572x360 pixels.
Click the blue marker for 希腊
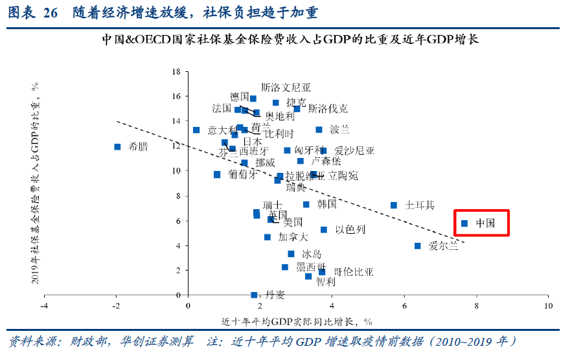pyautogui.click(x=117, y=147)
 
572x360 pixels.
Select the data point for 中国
pyautogui.click(x=464, y=223)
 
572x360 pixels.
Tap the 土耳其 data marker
pyautogui.click(x=393, y=205)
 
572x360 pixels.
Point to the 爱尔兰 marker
pyautogui.click(x=417, y=246)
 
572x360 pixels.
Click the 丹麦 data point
pyautogui.click(x=254, y=295)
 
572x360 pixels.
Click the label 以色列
pyautogui.click(x=350, y=230)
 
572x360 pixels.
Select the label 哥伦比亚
pyautogui.click(x=353, y=272)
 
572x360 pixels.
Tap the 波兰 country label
pyautogui.click(x=339, y=129)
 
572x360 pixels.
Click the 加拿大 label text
pyautogui.click(x=293, y=238)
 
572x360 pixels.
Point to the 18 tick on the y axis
pyautogui.click(x=176, y=71)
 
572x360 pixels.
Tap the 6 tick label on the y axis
pyautogui.click(x=177, y=221)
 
